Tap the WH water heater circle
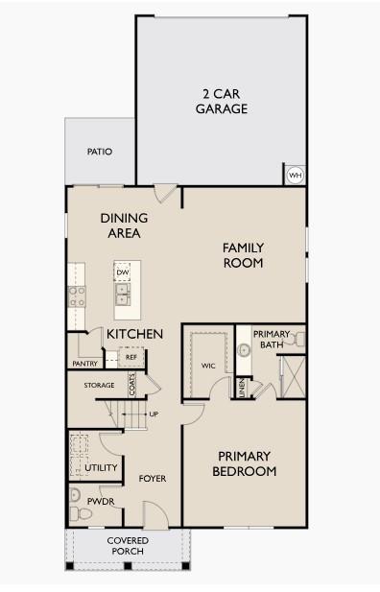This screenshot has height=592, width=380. [294, 176]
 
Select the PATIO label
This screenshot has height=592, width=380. [100, 152]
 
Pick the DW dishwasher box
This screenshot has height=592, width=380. [122, 272]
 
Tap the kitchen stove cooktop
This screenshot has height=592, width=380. [76, 296]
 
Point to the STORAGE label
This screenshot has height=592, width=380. [99, 386]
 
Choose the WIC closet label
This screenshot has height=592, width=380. [208, 366]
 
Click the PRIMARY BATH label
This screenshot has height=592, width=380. [270, 339]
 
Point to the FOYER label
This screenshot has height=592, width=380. [154, 478]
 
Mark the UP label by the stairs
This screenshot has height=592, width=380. [154, 414]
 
